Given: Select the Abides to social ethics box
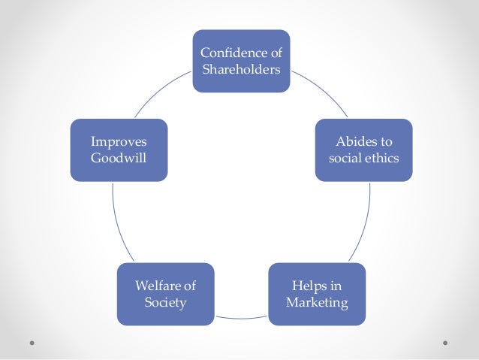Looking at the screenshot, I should click(x=363, y=150).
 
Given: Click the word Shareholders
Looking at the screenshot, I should click(x=241, y=69).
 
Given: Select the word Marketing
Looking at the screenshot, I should click(x=317, y=303).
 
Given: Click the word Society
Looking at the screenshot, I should click(x=164, y=303).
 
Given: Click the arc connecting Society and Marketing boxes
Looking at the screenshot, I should click(x=240, y=319).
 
